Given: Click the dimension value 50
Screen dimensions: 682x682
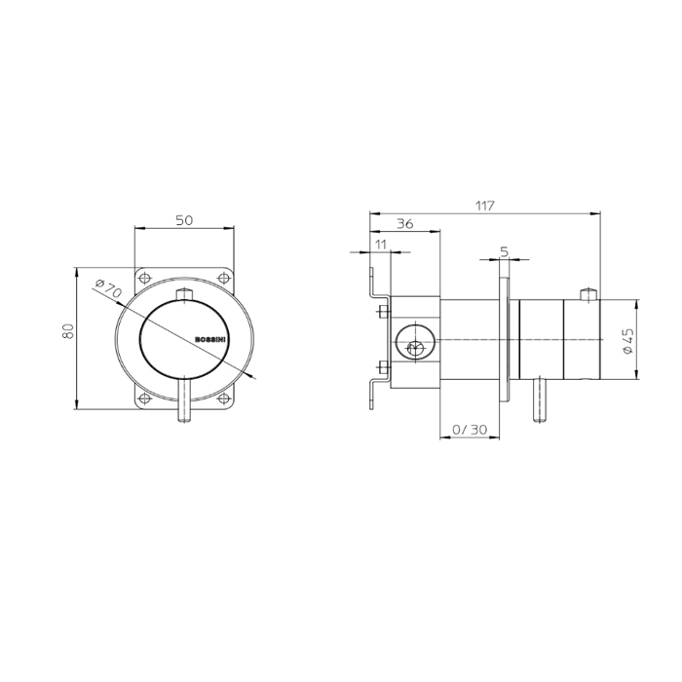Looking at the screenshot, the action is (x=184, y=220).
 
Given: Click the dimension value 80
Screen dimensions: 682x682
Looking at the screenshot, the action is (x=69, y=331).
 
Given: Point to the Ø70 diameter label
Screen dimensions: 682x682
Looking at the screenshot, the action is (x=108, y=288).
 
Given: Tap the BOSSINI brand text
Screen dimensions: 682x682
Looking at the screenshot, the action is (x=209, y=339).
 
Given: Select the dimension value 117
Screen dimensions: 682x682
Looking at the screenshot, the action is (x=485, y=206).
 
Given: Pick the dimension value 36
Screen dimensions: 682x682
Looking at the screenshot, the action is (x=405, y=224).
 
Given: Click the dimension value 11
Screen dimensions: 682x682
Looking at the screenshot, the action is (x=381, y=245).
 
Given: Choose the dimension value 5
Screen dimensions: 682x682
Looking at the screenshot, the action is (x=504, y=251).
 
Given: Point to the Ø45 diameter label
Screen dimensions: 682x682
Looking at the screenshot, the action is (x=628, y=341).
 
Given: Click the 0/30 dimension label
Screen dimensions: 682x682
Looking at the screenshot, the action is (x=470, y=430).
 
